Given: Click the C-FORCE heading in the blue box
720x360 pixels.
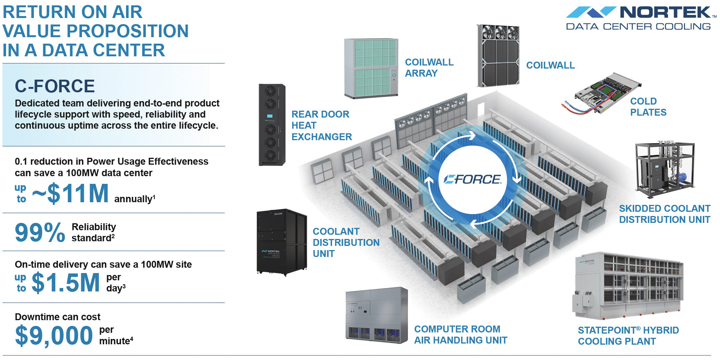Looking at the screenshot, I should (55, 86).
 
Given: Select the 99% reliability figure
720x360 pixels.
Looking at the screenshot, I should (40, 232).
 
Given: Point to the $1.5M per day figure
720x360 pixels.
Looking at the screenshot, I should (66, 283).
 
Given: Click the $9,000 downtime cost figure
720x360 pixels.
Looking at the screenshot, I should (54, 335).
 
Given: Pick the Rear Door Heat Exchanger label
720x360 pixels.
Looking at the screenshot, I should (321, 125).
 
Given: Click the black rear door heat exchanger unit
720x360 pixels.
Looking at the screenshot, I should (272, 125).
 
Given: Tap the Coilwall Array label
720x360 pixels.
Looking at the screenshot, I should (429, 68).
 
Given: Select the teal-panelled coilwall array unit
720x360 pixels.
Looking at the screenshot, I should (371, 68).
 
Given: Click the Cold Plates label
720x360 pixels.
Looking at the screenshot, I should (648, 107).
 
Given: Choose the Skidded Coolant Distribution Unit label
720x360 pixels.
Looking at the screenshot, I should (664, 214).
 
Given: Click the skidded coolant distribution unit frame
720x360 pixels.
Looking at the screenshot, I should (664, 169).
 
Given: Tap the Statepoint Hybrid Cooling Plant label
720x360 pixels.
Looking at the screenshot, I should (628, 336).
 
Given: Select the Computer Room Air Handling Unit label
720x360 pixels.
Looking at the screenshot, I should (460, 335).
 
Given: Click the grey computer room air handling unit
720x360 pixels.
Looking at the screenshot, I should (376, 315).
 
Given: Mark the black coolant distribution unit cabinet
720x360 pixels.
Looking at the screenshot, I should (281, 242).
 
